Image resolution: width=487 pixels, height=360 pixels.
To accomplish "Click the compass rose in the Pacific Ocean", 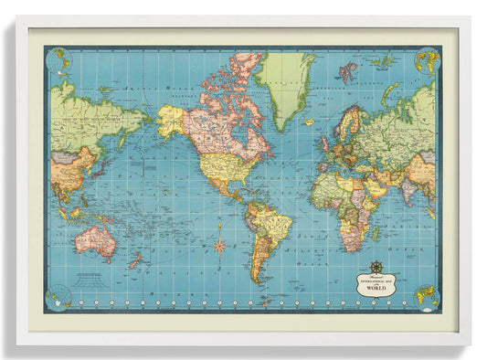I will tap(219, 244).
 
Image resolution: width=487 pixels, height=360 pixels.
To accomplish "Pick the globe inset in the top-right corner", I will tap(427, 60).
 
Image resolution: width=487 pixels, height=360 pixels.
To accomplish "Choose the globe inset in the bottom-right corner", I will tap(427, 296).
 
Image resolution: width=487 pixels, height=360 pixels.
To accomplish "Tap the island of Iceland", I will tap(309, 122).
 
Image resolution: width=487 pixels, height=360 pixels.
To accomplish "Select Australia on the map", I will tap(95, 239).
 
